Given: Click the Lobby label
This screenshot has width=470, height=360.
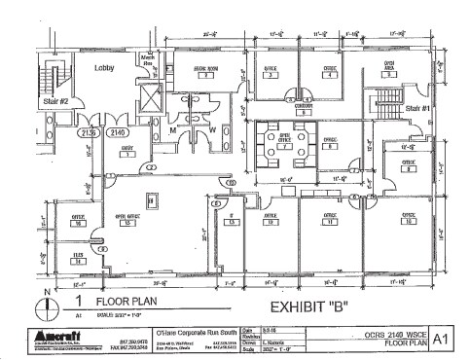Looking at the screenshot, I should [105, 69].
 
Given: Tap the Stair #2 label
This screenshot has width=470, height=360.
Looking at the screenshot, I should [54, 100].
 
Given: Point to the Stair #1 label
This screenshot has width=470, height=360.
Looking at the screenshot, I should [419, 108].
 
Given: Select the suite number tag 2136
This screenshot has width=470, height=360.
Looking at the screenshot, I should [88, 131].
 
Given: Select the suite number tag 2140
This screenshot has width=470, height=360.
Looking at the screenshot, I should [116, 131].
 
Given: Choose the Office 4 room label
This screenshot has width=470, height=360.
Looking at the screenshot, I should [330, 71].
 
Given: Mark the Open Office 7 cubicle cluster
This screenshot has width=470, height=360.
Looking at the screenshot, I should [283, 146].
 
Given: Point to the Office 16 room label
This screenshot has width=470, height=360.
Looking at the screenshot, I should [79, 219].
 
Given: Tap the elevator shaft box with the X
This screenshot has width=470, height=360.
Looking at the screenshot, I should [148, 98].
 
